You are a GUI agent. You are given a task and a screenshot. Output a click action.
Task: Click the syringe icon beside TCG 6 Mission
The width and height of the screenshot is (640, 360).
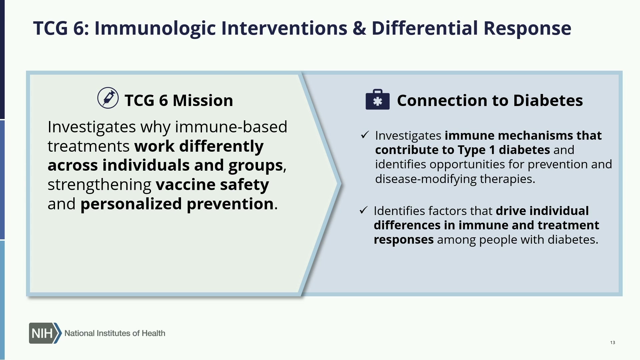pyautogui.click(x=108, y=98)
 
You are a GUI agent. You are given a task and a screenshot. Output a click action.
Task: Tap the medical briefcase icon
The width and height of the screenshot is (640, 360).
pyautogui.click(x=378, y=99)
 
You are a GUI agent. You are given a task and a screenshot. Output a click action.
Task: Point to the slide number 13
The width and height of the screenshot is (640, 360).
pyautogui.click(x=613, y=342)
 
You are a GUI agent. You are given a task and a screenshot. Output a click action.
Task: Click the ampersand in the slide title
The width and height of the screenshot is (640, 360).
pyautogui.click(x=359, y=28)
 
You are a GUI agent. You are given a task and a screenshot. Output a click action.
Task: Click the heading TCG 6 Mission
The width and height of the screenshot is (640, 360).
pyautogui.click(x=179, y=100)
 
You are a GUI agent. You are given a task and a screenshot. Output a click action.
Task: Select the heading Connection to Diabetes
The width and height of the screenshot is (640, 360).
pyautogui.click(x=490, y=100)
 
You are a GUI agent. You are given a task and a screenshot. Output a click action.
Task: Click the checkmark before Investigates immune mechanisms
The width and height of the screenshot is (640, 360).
pyautogui.click(x=365, y=135)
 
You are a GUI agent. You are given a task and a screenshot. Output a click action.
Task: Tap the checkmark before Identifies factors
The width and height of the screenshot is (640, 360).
pyautogui.click(x=364, y=210)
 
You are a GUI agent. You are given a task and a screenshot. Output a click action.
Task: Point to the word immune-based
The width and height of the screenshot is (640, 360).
pyautogui.click(x=231, y=127)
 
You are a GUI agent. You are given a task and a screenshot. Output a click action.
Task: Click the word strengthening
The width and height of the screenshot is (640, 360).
pyautogui.click(x=99, y=185)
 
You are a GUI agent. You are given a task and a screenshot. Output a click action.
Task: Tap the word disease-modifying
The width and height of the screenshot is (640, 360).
pyautogui.click(x=426, y=179)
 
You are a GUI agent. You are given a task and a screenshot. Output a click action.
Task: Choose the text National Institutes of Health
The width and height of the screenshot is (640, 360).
pyautogui.click(x=115, y=333)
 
